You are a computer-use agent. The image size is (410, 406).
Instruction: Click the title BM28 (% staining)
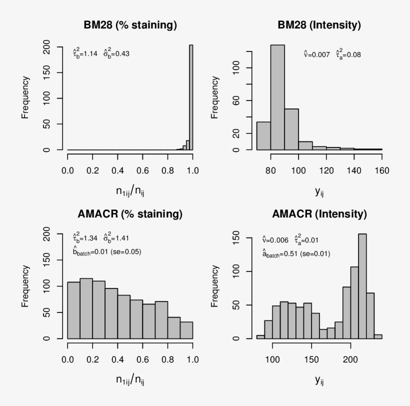point(129,25)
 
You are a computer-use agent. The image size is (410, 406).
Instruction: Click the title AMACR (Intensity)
point(319,214)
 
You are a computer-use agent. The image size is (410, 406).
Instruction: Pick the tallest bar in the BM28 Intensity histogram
point(277,97)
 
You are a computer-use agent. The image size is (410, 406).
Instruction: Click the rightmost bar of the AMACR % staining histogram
point(186,330)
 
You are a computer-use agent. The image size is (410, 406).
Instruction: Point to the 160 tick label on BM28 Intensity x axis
point(381,170)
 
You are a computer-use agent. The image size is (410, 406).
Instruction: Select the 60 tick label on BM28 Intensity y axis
point(235,101)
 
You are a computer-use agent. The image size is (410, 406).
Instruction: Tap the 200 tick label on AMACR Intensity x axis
point(350,359)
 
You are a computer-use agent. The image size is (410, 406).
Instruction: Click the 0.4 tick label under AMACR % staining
point(117,359)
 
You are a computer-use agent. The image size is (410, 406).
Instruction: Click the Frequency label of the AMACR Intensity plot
point(215,285)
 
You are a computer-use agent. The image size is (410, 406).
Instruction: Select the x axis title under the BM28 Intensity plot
point(318,190)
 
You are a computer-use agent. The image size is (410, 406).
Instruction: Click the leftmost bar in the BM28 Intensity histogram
point(263,136)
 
